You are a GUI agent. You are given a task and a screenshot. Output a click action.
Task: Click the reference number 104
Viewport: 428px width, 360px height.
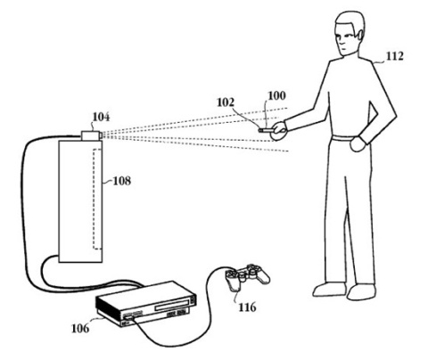coord(101,117)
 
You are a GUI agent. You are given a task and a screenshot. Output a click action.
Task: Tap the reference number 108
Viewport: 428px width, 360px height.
coord(122,181)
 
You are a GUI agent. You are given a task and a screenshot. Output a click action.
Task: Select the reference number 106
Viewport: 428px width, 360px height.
coord(80,328)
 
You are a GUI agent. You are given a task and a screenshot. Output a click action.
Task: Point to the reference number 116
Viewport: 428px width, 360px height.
coord(247,307)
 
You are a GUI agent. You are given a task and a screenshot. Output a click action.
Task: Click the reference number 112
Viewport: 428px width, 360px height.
coord(395,56)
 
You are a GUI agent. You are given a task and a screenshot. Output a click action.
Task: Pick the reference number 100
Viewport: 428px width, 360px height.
coord(276,95)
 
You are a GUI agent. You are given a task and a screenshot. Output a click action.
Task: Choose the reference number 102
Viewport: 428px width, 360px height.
coord(226,102)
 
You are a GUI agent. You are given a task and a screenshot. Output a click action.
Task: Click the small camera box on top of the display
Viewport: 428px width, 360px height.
coord(90,135)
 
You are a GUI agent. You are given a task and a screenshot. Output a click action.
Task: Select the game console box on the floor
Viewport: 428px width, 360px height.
coord(146,303)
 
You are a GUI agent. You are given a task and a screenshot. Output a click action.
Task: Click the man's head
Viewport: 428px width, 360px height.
coord(350,34)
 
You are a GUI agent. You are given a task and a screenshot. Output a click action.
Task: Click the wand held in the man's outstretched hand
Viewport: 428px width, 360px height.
coord(267,130)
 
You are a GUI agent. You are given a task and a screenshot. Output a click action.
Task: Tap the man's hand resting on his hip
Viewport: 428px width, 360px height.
coord(358,143)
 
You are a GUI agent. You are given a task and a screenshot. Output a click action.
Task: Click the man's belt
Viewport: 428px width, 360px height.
coord(343,138)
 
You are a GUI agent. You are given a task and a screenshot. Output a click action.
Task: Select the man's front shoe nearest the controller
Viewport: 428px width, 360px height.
coord(330,289)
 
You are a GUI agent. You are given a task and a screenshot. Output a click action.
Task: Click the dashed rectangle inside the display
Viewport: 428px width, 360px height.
coord(94,199)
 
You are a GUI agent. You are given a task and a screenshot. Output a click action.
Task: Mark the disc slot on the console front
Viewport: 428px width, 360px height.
coord(173,305)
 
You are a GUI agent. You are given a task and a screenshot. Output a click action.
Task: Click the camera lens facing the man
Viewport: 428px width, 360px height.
coord(102,135)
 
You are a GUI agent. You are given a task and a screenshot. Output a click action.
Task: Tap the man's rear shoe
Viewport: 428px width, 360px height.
coord(361,291)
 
